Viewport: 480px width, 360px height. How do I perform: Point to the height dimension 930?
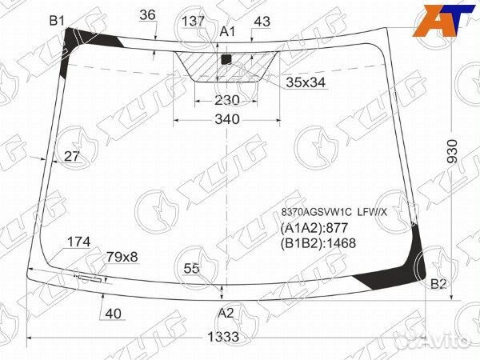tap(452, 150)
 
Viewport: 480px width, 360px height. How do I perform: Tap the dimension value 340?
tap(226, 119)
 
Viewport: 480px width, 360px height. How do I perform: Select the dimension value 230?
tap(227, 100)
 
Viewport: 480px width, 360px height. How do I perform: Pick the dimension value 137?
tap(193, 22)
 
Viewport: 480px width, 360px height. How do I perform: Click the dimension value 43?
tap(261, 22)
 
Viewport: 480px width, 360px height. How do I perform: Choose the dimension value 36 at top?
tap(147, 14)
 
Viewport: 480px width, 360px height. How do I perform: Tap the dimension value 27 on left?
tap(72, 157)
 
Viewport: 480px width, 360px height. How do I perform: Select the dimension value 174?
tap(78, 242)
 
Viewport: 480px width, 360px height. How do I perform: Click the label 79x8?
tap(122, 257)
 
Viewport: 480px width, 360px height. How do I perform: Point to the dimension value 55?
tap(191, 268)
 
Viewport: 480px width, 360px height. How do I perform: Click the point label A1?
tap(228, 31)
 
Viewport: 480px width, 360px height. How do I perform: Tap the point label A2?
tap(226, 313)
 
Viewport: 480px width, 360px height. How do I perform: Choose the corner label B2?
tap(438, 284)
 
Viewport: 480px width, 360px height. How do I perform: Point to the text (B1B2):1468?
tap(318, 244)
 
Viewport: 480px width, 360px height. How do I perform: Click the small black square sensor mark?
tap(226, 58)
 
